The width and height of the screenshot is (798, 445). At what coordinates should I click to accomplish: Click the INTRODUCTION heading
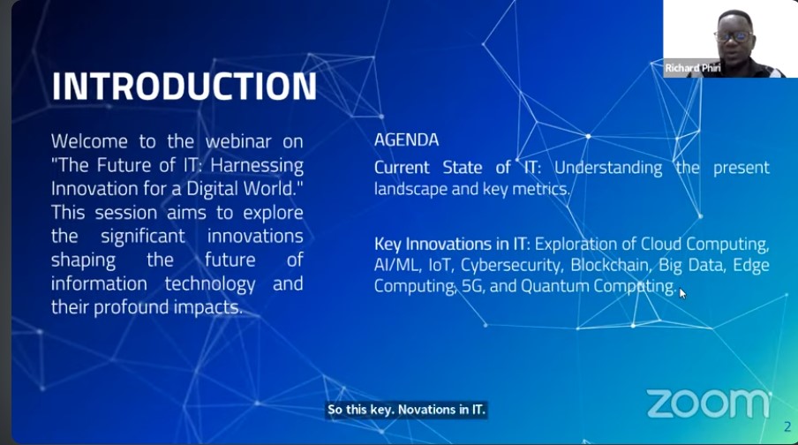pos(184,86)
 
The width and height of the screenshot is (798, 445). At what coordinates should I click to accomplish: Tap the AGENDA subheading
pos(406,140)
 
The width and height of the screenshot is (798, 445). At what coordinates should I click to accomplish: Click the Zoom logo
pos(709,404)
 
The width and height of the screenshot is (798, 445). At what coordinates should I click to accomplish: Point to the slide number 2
pos(787,426)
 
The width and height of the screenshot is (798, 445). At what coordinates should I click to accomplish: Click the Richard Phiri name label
pos(693,68)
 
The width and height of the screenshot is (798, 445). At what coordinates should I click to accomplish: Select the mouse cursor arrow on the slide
pos(682,294)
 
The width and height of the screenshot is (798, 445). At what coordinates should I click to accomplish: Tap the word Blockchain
pos(611,265)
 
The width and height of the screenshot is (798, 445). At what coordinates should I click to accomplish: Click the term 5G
pos(472,286)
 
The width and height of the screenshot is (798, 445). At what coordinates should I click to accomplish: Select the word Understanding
pos(608,168)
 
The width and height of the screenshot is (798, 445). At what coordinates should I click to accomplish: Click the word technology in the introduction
pos(210,284)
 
